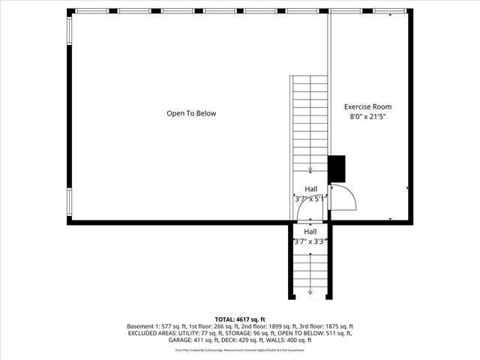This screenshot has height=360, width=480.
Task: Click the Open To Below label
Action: coord(191,113)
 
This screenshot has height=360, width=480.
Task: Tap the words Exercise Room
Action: coord(367,106)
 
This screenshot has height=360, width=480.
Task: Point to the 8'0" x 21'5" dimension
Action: coord(367,117)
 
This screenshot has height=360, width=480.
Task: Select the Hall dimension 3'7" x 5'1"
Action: coord(310,199)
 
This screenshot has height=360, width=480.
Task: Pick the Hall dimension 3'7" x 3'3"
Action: coord(310,241)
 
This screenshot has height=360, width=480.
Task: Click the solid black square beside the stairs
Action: coord(337,168)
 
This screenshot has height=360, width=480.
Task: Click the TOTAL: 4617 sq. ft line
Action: coord(240,319)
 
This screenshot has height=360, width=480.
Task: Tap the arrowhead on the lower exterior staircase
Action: coord(310,291)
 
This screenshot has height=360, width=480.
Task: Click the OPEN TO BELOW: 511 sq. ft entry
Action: coord(322,334)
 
